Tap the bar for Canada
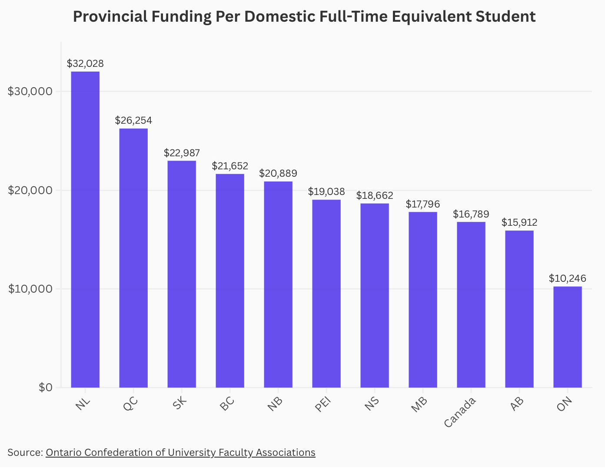pos(471,305)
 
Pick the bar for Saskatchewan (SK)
pos(182,274)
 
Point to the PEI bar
pos(326,293)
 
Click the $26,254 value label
pos(133,121)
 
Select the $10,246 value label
pos(568,279)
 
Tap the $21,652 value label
pos(230,166)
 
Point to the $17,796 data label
pos(423,204)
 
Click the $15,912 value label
pos(519,223)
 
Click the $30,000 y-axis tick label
pos(30,92)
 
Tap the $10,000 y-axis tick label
pos(30,289)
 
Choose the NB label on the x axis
pos(275,404)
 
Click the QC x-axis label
pos(130,404)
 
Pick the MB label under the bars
pos(419,404)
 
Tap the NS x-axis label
pos(372,404)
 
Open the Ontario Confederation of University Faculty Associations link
pos(180,452)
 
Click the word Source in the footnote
pos(24,452)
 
